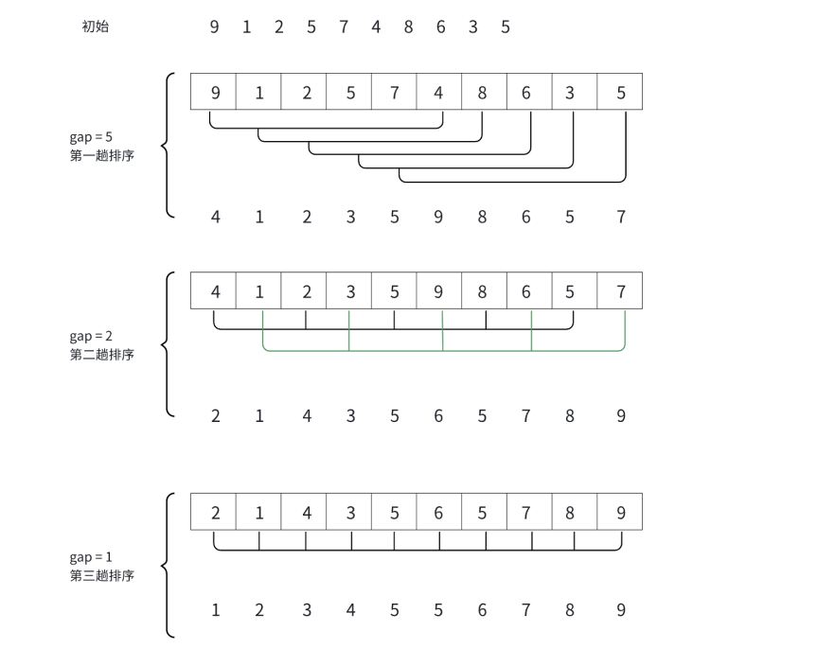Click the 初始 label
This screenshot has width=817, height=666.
(96, 26)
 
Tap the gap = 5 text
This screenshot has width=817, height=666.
(91, 137)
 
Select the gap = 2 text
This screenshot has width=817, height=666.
(91, 336)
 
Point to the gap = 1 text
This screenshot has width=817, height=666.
(91, 556)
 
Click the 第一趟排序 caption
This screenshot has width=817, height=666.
(101, 156)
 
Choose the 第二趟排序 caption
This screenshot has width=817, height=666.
(101, 355)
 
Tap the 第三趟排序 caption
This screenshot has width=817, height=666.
(101, 575)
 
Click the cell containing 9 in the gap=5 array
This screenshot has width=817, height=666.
(214, 92)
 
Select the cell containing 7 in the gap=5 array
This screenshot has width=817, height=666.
(394, 92)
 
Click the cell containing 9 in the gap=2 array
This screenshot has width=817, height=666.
(439, 291)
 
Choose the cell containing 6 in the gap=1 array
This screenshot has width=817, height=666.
(439, 512)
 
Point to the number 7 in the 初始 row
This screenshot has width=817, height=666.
(344, 26)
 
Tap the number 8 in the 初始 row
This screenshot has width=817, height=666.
(408, 26)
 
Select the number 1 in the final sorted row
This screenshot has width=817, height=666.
(215, 610)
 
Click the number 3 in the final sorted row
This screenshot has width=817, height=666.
(307, 610)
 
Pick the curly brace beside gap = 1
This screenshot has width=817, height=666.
(169, 566)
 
